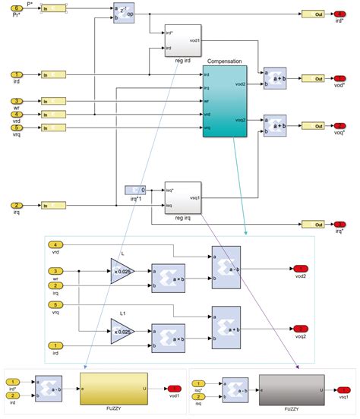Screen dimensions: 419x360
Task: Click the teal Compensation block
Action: coord(225,101)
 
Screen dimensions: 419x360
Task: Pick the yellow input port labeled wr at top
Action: coord(16,101)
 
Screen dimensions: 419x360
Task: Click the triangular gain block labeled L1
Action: coord(122,330)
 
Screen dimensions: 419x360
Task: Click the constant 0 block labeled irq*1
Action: coord(134,190)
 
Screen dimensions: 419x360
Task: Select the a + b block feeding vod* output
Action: coord(275,79)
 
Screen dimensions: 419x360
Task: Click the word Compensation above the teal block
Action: coord(224,61)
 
